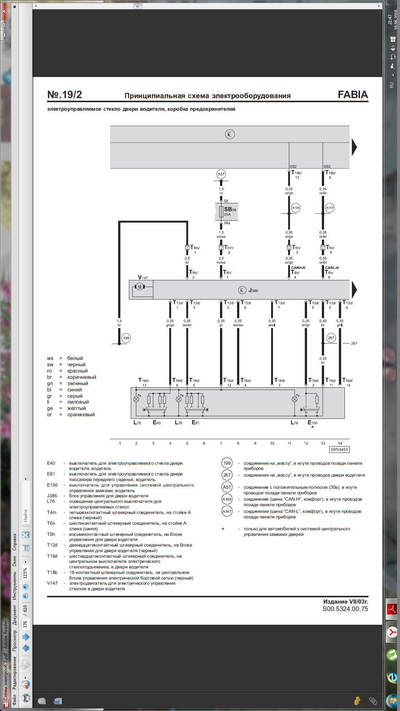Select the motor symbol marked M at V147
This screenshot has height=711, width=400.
(x=140, y=287)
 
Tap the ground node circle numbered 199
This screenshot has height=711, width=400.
(x=126, y=338)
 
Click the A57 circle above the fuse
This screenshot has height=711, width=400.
(x=221, y=174)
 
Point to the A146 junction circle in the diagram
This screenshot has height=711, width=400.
(x=296, y=208)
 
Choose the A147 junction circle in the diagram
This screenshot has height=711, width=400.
(x=330, y=208)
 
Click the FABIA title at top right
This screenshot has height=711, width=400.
(x=353, y=95)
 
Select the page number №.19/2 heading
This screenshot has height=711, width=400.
(x=64, y=95)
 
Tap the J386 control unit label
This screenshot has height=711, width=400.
(x=253, y=290)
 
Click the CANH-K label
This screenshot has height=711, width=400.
(x=298, y=268)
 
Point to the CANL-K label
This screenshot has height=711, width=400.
(x=332, y=268)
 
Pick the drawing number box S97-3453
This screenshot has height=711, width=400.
(x=339, y=450)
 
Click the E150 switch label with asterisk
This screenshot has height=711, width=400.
(x=313, y=423)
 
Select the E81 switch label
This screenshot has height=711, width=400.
(x=196, y=423)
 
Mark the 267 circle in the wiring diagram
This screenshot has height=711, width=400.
(x=331, y=338)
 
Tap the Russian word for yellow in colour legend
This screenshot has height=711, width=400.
(x=76, y=408)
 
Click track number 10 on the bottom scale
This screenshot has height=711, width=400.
(x=272, y=443)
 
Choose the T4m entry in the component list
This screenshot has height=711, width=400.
(x=51, y=513)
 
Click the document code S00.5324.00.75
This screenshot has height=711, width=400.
(x=345, y=609)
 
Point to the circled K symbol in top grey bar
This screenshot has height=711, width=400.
(x=230, y=134)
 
